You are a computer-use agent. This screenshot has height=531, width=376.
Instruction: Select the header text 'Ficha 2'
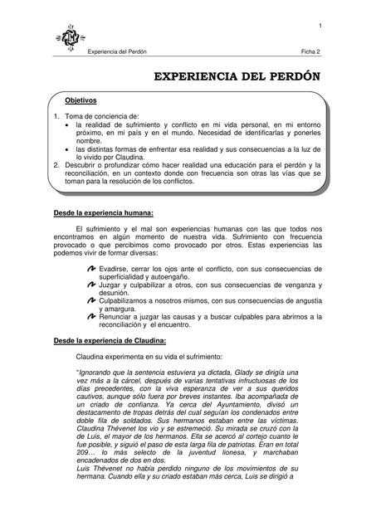[310, 51]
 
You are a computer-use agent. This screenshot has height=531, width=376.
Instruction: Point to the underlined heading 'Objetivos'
[81, 100]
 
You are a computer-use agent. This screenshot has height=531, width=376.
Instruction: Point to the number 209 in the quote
[83, 462]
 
